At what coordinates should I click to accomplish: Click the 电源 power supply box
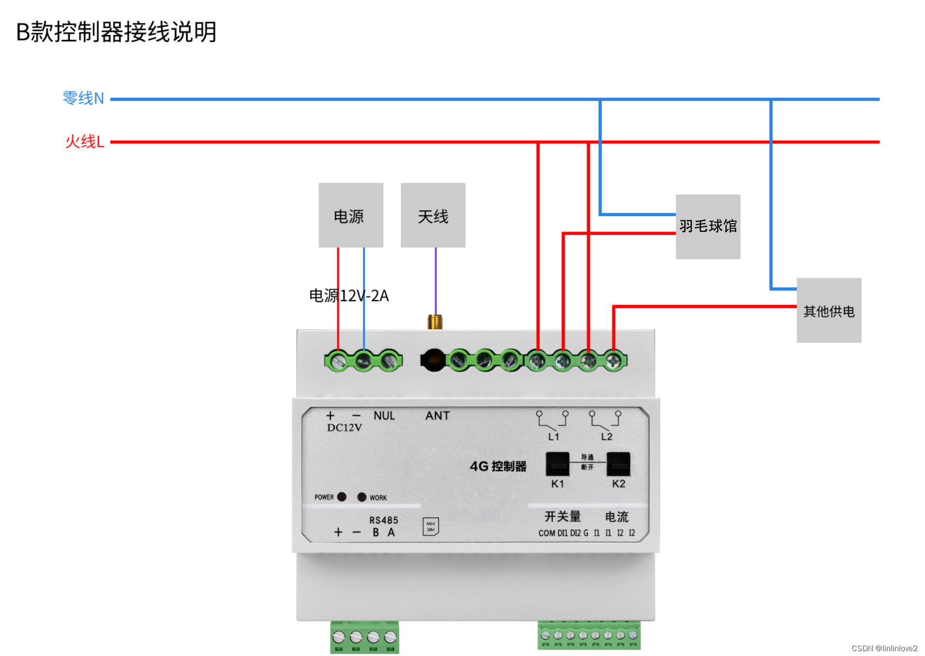[350, 215]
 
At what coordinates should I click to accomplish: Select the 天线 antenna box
[432, 215]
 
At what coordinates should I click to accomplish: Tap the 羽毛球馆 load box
[708, 226]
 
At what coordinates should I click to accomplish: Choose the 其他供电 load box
[828, 311]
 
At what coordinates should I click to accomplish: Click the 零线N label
[83, 98]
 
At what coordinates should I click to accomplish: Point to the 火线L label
[85, 142]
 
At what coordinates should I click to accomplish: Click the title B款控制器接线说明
[116, 32]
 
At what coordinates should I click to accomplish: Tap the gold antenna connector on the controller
[435, 322]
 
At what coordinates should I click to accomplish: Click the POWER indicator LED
[342, 496]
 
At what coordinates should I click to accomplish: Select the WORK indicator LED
[362, 497]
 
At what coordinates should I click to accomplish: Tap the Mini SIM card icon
[430, 526]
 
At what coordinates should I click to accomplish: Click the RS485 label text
[383, 520]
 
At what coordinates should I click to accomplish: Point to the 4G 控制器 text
[498, 466]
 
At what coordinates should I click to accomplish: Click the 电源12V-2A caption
[349, 295]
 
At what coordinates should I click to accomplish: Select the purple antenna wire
[436, 281]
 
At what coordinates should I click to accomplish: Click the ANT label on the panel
[437, 416]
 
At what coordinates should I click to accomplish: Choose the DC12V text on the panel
[344, 427]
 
